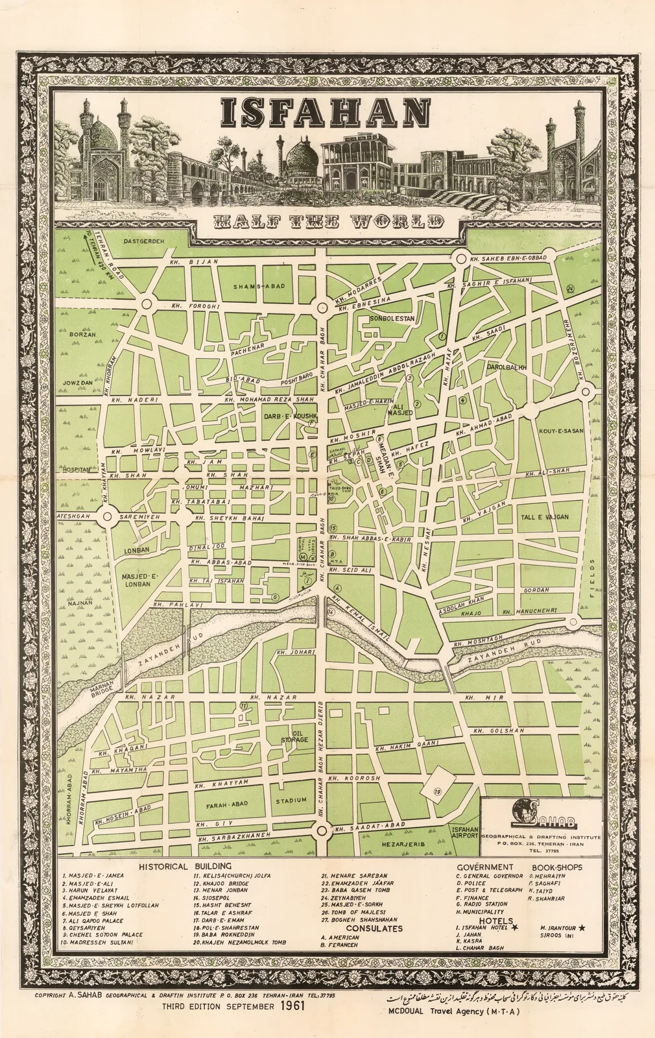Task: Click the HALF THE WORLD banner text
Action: [329, 221]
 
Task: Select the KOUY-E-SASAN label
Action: [560, 431]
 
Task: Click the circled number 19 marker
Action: [438, 791]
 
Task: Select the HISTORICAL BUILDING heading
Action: [184, 866]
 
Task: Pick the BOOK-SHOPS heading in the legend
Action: [556, 867]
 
